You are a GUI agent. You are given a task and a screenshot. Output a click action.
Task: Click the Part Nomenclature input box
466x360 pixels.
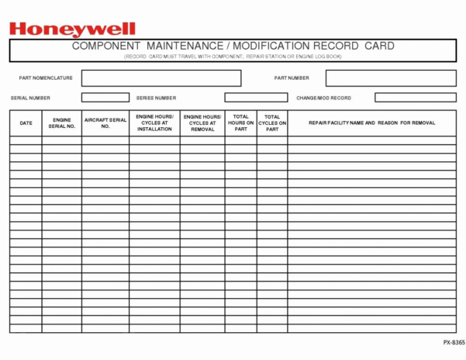(x=161, y=78)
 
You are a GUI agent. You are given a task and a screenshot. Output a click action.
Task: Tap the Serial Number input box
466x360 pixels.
(x=96, y=98)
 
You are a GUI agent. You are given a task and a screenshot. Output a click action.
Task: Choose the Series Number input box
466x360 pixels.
(x=256, y=98)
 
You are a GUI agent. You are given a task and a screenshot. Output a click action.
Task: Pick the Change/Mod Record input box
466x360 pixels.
(x=415, y=98)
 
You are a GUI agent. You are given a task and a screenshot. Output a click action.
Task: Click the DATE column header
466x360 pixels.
(x=26, y=123)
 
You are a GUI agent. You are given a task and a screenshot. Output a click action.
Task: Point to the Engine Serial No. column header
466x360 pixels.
(x=62, y=123)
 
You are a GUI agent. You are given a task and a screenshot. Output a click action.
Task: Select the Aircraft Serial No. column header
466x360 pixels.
(x=105, y=123)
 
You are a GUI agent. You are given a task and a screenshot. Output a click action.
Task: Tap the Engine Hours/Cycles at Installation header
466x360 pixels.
(x=154, y=123)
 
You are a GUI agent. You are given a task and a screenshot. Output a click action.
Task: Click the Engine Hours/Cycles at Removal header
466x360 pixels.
(x=202, y=123)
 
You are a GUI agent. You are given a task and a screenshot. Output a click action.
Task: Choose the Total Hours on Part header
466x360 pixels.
(x=240, y=123)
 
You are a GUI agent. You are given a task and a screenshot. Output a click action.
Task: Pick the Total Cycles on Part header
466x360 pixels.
(x=272, y=123)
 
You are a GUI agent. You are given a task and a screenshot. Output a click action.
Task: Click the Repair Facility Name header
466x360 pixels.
(x=371, y=123)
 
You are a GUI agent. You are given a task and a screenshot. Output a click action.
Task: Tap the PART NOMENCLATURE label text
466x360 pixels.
(x=46, y=78)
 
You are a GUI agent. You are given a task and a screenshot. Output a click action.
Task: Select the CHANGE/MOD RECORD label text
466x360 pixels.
(x=323, y=98)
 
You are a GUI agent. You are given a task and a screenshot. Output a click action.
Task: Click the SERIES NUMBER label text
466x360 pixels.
(x=156, y=98)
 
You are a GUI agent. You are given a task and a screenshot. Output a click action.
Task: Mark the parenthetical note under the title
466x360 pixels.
(x=233, y=57)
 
